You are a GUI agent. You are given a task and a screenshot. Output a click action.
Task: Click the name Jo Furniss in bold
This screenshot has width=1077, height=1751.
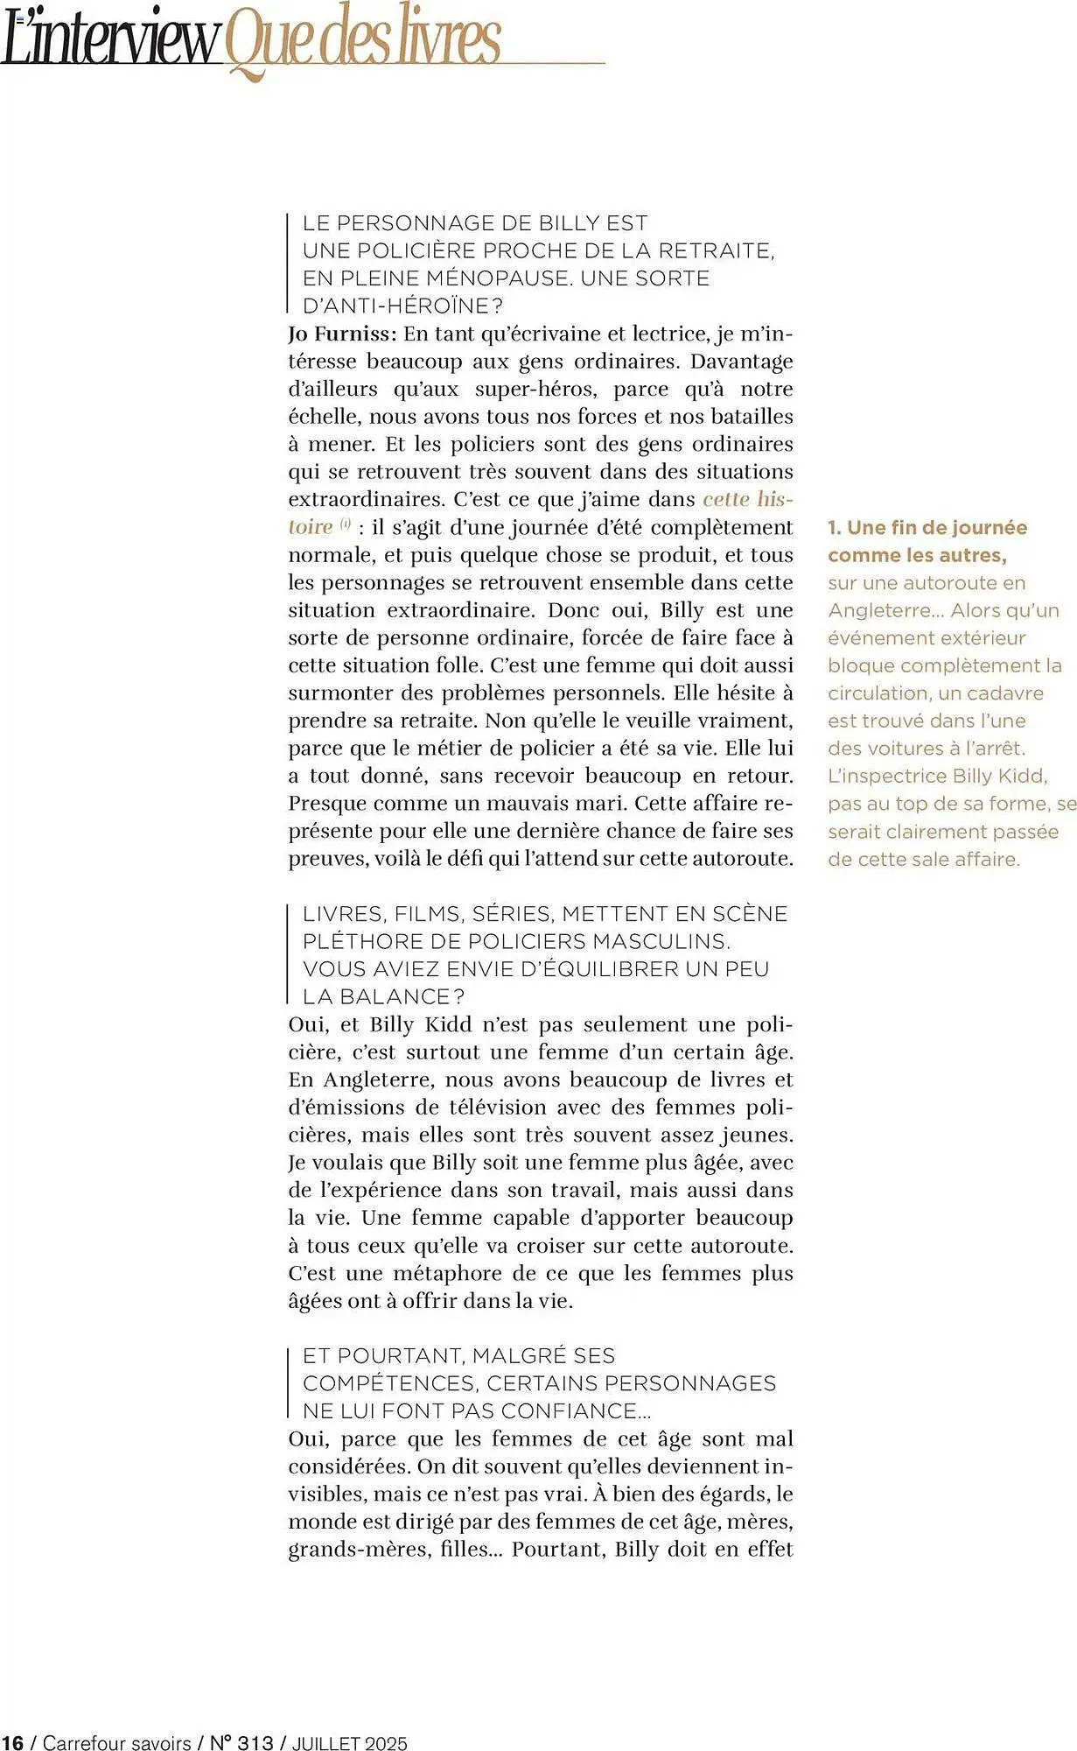pos(342,334)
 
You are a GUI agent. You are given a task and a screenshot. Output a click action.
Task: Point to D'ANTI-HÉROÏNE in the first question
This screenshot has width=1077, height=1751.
pos(402,306)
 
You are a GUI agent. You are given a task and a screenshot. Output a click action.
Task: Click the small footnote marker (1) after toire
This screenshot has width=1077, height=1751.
pos(346,524)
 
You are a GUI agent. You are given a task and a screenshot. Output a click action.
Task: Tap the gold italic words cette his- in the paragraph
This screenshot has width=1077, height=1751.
pos(747,499)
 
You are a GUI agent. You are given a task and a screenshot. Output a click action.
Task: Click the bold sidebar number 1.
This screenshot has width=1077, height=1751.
pos(834,528)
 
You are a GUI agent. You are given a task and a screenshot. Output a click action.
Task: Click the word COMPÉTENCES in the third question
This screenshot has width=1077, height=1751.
pos(388,1383)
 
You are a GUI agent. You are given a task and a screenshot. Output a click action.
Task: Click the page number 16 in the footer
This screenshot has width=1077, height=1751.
pos(12,1742)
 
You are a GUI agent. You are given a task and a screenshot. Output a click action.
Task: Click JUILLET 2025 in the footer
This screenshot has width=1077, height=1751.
pos(349,1742)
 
